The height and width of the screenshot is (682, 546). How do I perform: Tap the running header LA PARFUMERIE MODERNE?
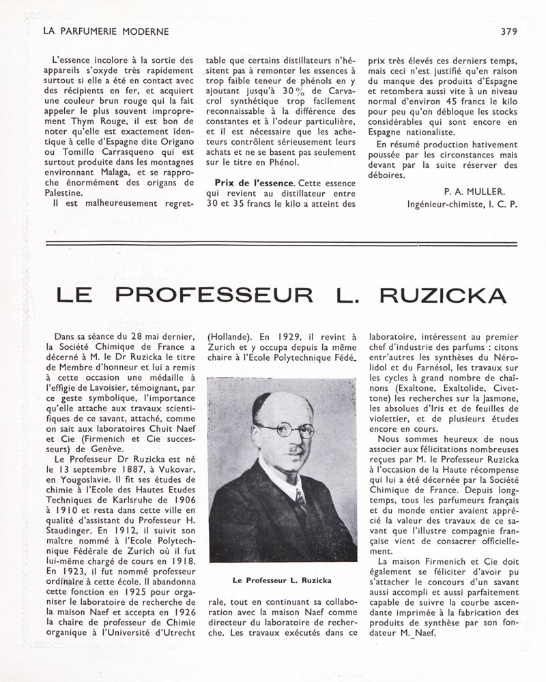(105, 31)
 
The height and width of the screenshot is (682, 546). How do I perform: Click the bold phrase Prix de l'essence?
(254, 183)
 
